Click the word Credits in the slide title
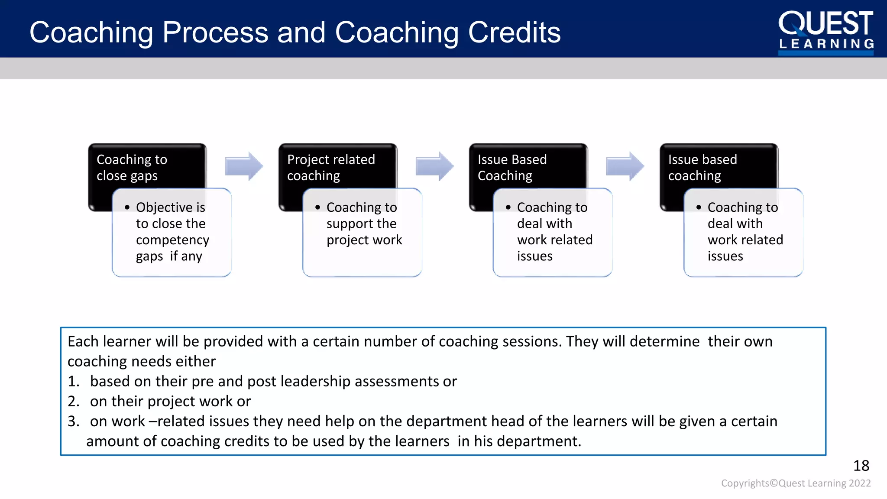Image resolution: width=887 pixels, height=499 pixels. [514, 32]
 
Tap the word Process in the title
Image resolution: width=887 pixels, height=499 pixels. [215, 32]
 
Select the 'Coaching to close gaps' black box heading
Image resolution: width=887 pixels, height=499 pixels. [132, 167]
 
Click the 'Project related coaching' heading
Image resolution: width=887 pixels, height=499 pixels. [331, 167]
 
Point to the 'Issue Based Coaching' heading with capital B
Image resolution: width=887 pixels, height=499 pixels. [512, 167]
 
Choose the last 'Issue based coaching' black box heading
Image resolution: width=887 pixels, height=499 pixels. [702, 167]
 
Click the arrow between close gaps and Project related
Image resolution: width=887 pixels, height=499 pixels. [244, 166]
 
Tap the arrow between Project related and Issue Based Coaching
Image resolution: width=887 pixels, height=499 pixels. [434, 166]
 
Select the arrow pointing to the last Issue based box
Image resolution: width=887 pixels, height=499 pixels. [625, 166]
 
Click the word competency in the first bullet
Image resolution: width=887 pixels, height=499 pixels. [172, 240]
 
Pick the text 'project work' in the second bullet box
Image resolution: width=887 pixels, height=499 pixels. [364, 240]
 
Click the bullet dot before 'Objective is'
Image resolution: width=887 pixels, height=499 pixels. [127, 207]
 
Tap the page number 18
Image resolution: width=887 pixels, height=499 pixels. [861, 466]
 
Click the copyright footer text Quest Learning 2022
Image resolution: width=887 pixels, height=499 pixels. [824, 483]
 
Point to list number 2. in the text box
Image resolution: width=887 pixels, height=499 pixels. [74, 402]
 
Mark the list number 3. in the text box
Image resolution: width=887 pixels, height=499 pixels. [74, 421]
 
